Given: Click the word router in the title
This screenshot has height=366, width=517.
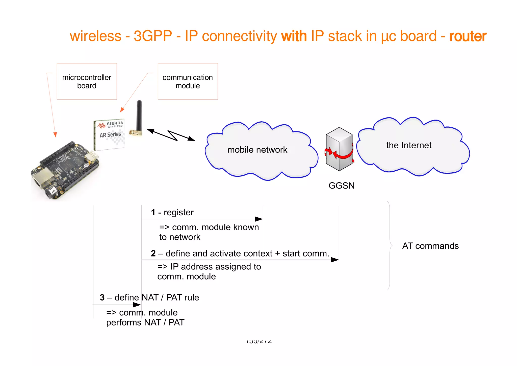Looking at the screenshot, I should click(468, 36).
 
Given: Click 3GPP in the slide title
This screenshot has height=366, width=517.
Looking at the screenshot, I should click(152, 36).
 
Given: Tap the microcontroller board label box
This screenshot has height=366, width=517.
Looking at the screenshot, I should click(87, 81).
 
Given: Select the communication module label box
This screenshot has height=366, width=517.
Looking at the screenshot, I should click(188, 81).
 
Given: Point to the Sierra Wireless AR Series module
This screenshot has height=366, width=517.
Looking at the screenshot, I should click(110, 134).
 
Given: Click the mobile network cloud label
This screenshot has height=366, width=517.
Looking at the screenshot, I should click(257, 150).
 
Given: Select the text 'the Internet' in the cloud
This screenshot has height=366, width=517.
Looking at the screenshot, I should click(408, 145).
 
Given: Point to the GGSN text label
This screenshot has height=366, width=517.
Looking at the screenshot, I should click(341, 186).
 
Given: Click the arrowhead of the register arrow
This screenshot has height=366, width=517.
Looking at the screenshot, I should click(259, 219).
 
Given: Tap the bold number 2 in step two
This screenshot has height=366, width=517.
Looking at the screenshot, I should click(153, 253).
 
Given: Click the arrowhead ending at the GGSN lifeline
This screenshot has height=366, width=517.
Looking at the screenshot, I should click(335, 260).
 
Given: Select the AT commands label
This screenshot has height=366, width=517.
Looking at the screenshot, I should click(430, 246).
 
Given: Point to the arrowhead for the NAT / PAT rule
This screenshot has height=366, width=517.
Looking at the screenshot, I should click(137, 305).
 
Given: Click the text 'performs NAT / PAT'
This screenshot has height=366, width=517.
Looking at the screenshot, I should click(145, 323).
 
